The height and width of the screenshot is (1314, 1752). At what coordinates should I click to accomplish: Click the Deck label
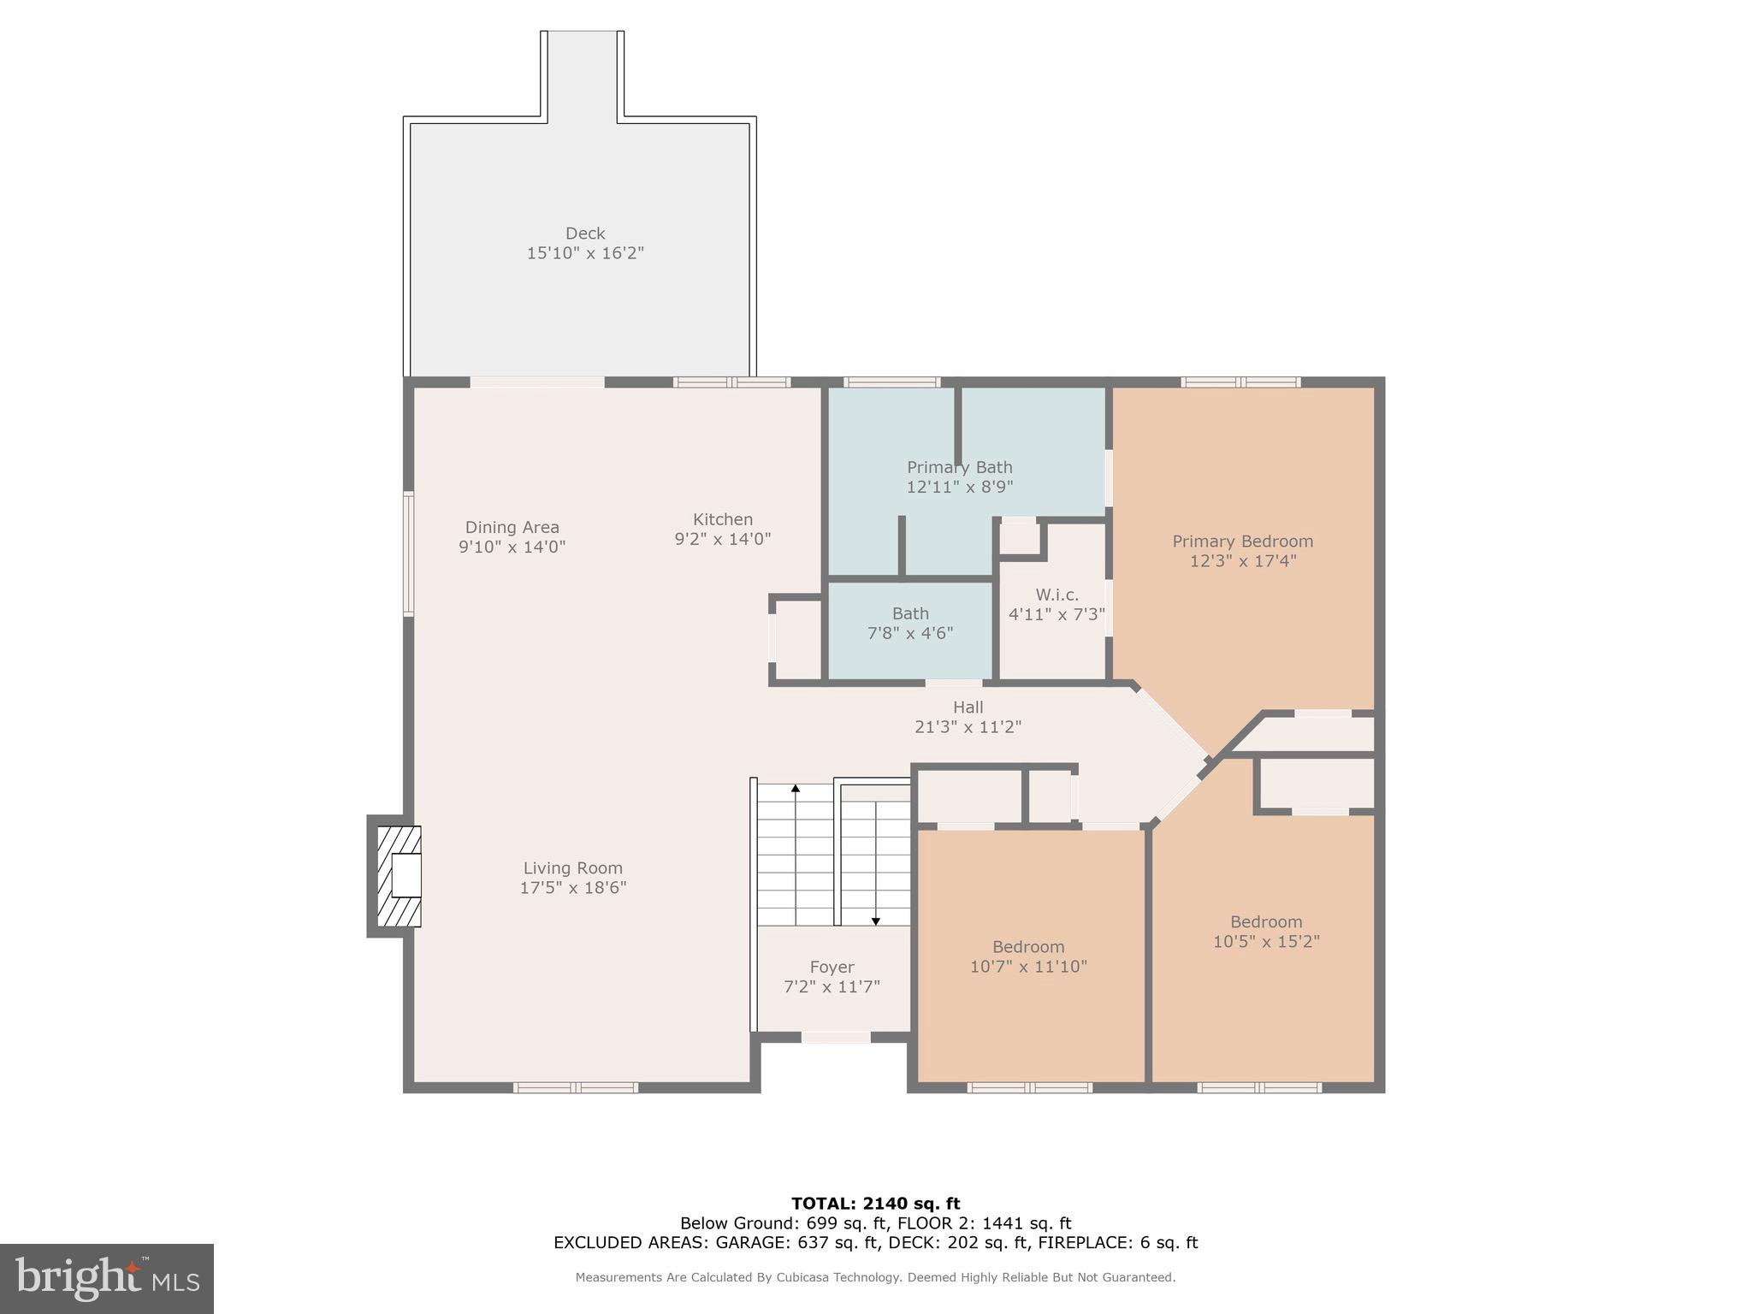click(585, 234)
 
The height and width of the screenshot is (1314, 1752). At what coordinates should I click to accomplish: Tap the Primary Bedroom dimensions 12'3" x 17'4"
click(1242, 561)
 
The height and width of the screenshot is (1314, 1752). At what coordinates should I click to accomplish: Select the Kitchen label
click(723, 519)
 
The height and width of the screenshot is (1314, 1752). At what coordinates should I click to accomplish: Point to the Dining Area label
click(512, 528)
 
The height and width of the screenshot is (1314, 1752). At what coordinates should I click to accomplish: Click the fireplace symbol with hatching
click(399, 876)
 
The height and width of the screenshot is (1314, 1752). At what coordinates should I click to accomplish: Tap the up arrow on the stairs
click(796, 789)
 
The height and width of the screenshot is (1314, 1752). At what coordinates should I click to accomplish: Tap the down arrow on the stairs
click(875, 920)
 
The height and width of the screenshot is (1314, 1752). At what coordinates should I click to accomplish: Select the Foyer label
click(832, 967)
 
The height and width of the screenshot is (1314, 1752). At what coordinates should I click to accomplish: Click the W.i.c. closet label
click(1057, 595)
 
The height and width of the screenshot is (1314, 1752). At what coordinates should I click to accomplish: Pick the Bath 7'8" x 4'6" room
click(909, 624)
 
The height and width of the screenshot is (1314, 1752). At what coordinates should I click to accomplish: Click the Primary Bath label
click(959, 467)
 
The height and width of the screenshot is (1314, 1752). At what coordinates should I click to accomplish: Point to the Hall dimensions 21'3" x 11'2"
click(968, 727)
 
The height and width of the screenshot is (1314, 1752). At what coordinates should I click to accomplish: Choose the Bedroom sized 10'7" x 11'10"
click(1028, 956)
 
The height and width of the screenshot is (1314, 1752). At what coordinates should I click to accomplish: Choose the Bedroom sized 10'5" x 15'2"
click(1266, 932)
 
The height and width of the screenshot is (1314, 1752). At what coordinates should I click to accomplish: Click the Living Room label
click(572, 868)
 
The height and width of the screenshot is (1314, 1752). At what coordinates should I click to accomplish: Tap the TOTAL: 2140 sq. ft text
click(875, 1204)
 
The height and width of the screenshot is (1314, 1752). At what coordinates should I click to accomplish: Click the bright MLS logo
click(106, 1278)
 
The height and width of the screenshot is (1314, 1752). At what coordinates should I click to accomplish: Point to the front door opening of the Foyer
click(836, 1038)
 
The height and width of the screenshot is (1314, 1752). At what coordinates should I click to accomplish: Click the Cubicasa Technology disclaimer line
click(875, 1277)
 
